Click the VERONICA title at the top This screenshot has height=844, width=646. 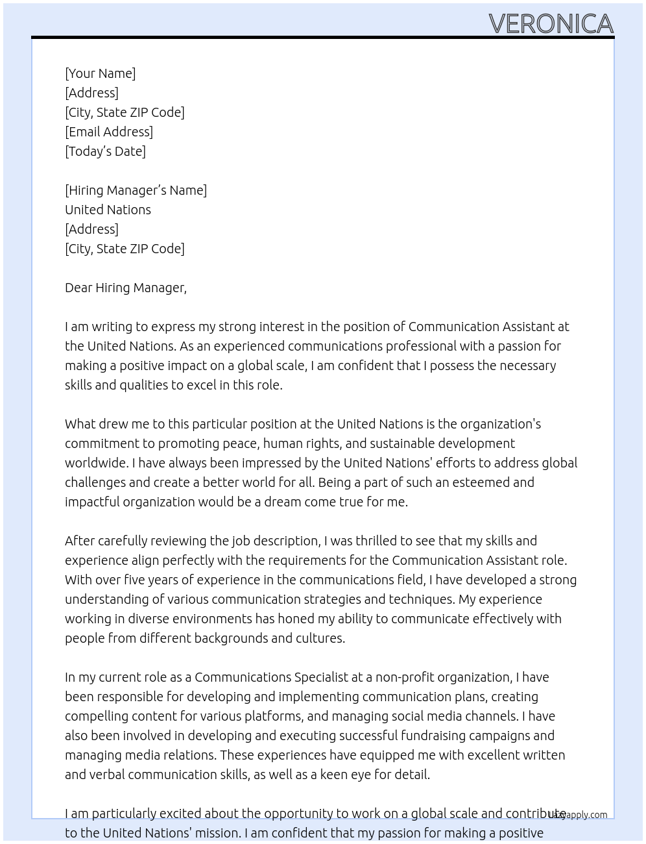point(551,23)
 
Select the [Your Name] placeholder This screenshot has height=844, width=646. point(101,73)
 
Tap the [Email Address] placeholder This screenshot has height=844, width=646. point(109,132)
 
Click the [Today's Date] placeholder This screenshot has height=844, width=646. point(105,151)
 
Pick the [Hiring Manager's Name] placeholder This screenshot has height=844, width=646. point(136,190)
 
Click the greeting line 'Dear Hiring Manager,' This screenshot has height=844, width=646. point(126,288)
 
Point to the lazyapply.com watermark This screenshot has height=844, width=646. point(579,815)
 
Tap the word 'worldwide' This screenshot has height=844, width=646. point(95,463)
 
